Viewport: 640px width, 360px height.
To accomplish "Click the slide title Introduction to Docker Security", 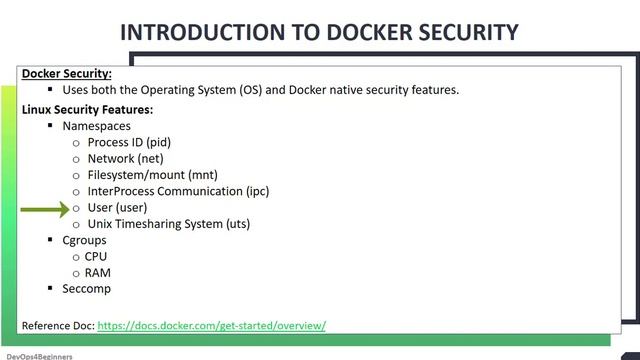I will click(x=319, y=32).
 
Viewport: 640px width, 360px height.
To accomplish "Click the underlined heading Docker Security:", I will click(x=66, y=74).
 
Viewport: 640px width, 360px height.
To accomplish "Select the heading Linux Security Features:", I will click(x=87, y=109).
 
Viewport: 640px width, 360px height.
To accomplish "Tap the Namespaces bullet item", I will click(x=98, y=127).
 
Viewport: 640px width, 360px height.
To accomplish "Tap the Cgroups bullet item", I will click(x=84, y=240).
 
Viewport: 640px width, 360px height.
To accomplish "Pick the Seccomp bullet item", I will click(x=86, y=289).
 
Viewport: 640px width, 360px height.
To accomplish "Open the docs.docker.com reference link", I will click(x=211, y=325).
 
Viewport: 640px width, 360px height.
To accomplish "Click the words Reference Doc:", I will click(x=57, y=325).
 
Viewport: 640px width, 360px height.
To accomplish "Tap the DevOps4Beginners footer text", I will click(x=39, y=355).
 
